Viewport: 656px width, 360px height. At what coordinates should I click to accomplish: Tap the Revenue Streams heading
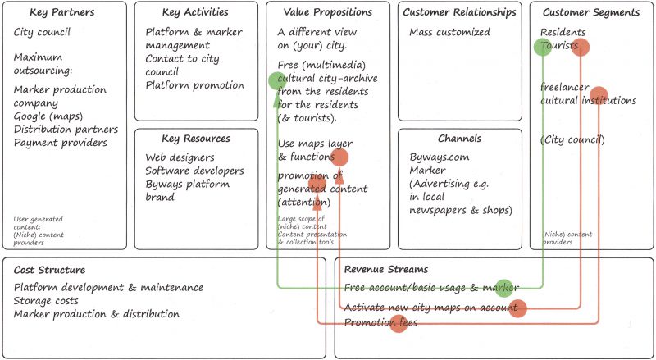tap(386, 270)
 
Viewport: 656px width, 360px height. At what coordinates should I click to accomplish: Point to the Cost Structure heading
tap(50, 270)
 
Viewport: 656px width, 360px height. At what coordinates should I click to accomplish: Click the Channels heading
tap(459, 139)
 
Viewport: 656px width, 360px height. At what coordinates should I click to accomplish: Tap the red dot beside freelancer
tap(599, 94)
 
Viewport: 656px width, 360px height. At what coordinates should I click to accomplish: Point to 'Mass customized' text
tap(450, 33)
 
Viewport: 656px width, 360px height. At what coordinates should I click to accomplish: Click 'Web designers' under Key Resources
tap(180, 157)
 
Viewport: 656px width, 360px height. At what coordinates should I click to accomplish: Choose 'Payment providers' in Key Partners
tap(61, 143)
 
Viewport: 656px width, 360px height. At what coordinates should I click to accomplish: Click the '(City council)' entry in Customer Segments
tap(572, 140)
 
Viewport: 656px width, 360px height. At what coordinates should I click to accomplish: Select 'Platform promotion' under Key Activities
tap(194, 85)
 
